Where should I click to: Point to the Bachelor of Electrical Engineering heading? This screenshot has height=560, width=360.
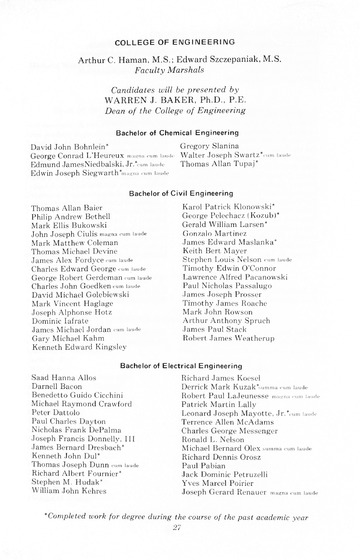(180, 367)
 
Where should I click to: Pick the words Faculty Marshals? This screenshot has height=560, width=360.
(180, 76)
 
